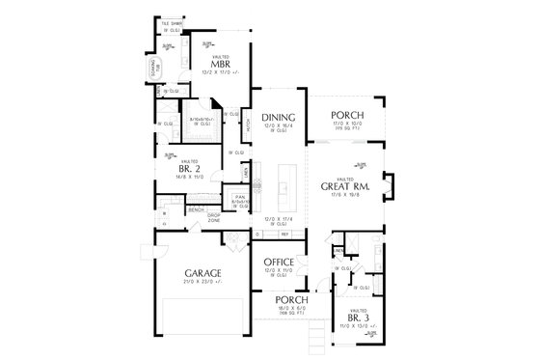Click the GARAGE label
[x=204, y=273]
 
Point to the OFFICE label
[x=279, y=261]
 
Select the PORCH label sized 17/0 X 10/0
[x=344, y=115]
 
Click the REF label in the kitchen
[x=285, y=234]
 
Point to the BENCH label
[x=196, y=208]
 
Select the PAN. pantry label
[x=237, y=196]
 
